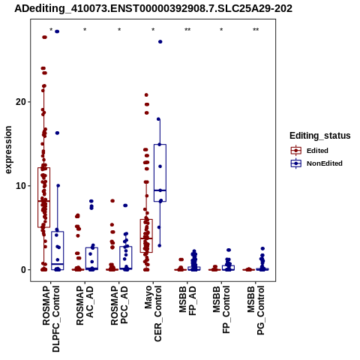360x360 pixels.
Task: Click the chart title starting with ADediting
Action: click(153, 9)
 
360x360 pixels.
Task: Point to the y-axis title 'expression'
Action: click(8, 150)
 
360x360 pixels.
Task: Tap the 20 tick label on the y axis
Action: click(21, 102)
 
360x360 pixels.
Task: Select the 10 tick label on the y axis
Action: click(21, 186)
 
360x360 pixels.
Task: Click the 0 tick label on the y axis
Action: click(23, 270)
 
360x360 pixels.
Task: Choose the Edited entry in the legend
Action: click(317, 151)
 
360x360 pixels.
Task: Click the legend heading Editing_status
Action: click(320, 136)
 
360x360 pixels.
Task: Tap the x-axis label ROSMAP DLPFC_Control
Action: click(51, 319)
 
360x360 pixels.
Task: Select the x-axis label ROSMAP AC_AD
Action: click(85, 306)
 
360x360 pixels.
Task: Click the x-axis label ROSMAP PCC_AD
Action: click(119, 306)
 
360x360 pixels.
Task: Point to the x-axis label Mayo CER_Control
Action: click(153, 314)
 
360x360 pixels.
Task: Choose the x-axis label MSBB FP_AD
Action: click(187, 301)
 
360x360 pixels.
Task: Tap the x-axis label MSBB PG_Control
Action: click(256, 310)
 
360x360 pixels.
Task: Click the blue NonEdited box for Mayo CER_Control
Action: click(160, 172)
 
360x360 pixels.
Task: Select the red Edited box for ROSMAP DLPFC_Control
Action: click(44, 197)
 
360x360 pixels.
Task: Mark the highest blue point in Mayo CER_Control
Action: click(160, 42)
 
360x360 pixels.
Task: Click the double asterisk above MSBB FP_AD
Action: click(187, 30)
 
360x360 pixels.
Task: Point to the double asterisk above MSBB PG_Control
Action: click(256, 30)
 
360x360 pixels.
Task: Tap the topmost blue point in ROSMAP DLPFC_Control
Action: click(57, 31)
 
